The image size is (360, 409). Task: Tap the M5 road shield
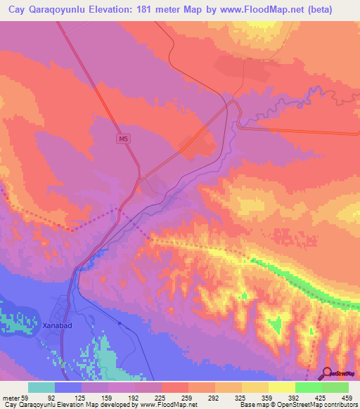123,140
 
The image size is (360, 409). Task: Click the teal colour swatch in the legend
41,387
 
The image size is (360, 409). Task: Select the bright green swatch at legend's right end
335,387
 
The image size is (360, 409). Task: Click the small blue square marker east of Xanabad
120,323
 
